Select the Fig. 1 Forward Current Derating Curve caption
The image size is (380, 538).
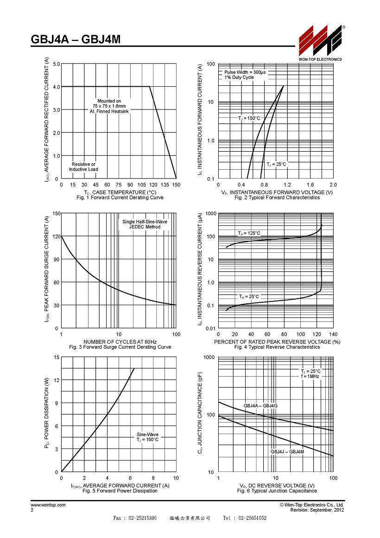(120, 198)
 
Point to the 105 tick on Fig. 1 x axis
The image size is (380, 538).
(142, 185)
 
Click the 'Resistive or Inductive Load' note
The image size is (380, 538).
(83, 167)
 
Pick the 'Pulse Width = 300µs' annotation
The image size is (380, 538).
(245, 72)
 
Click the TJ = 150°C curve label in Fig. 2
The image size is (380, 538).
(249, 118)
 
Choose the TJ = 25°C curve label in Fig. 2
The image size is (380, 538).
(276, 164)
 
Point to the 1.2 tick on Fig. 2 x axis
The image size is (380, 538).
(287, 185)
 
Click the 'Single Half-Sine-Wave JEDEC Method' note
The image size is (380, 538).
(145, 224)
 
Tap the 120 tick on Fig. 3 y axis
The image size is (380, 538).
(57, 237)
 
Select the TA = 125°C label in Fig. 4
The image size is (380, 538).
(249, 233)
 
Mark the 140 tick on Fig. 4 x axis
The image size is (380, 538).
(333, 334)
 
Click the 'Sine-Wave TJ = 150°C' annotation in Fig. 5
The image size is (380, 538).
(147, 437)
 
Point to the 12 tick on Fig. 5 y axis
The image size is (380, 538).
(57, 380)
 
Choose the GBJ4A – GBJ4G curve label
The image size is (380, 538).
(260, 405)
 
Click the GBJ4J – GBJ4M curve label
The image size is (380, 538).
(287, 452)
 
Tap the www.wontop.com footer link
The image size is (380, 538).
(48, 505)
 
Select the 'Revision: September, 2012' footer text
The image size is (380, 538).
(317, 510)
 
